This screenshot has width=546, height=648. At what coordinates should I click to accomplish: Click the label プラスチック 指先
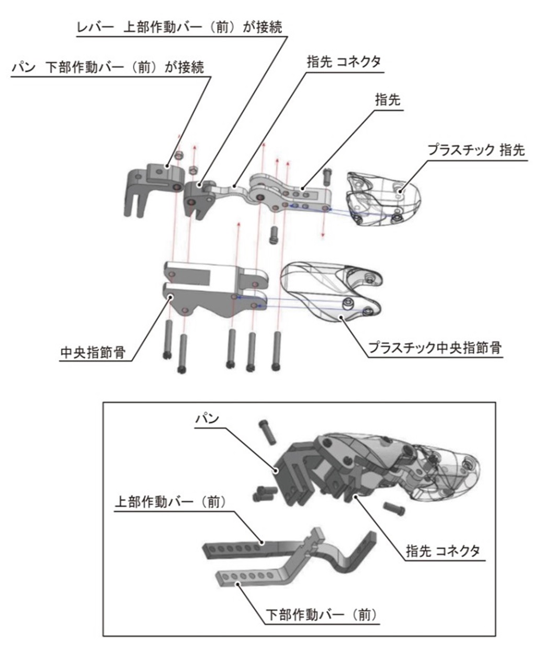[x=476, y=151]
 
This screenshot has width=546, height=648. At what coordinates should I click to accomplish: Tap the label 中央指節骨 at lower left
[x=93, y=352]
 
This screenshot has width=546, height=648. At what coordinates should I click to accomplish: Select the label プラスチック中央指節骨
[x=435, y=348]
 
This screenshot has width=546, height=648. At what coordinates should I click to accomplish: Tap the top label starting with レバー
[x=179, y=27]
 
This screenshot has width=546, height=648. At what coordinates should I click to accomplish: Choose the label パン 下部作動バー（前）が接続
[x=108, y=67]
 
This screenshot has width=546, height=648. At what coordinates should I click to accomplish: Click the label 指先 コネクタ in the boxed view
[x=443, y=551]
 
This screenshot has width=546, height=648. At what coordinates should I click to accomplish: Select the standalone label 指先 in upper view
[x=388, y=100]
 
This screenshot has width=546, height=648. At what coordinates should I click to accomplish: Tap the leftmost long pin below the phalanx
[x=168, y=339]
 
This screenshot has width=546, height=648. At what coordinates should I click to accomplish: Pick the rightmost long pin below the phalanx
[x=276, y=351]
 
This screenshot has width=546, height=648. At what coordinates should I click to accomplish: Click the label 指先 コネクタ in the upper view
[x=344, y=62]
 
